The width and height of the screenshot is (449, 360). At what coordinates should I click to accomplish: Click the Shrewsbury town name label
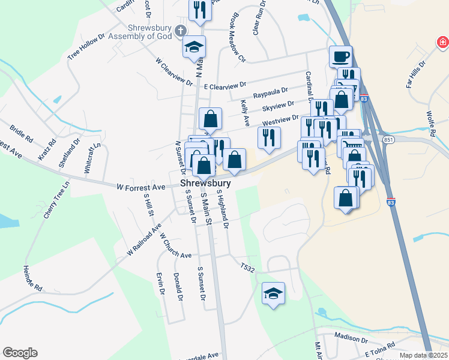point(206,183)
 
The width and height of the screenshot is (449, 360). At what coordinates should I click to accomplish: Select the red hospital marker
point(442,43)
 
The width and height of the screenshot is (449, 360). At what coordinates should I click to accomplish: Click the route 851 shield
point(388,140)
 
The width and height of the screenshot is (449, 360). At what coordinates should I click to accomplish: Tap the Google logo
point(20,353)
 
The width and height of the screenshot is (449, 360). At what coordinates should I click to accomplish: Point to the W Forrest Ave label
point(141,188)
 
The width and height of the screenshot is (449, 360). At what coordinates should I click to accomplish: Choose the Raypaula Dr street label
point(270,94)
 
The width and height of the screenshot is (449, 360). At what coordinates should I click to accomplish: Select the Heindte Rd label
point(32,278)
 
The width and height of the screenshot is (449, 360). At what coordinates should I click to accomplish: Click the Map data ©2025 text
point(424,355)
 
